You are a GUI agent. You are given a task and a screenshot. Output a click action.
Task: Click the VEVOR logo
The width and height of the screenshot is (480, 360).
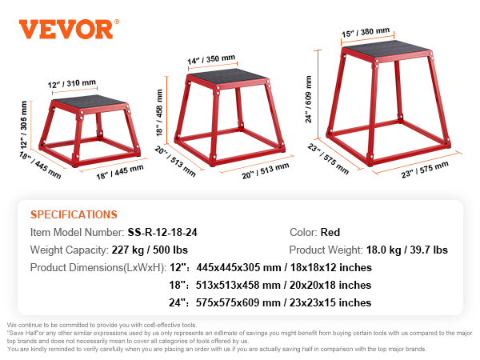click(x=66, y=29)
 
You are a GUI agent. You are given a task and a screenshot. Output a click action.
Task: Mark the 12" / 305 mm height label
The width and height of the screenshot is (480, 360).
click(x=25, y=127)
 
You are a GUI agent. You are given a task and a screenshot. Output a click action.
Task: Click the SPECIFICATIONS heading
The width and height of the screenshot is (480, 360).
click(x=74, y=214)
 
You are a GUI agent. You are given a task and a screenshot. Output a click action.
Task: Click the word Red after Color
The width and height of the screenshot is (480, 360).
click(x=330, y=233)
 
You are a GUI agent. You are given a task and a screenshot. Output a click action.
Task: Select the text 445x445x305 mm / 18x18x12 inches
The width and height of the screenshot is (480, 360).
click(x=285, y=268)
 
